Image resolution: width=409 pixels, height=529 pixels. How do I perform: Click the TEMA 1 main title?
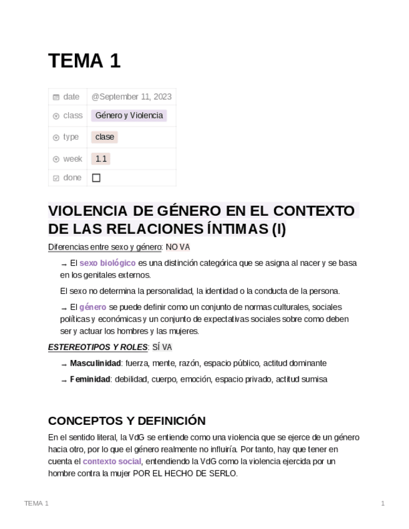[84, 61]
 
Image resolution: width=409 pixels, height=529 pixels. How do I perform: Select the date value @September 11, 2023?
[131, 97]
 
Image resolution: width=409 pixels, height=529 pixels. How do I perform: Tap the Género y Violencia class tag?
[129, 115]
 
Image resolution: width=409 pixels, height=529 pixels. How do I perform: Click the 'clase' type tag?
[104, 137]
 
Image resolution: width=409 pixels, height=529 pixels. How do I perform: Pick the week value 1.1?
[101, 159]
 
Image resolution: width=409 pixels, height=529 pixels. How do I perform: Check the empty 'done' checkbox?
[96, 178]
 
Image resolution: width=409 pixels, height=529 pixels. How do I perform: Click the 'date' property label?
[71, 97]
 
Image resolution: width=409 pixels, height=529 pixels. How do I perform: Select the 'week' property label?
[72, 159]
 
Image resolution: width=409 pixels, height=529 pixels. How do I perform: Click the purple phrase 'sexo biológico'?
[107, 263]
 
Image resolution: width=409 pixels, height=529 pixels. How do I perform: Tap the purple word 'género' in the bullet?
[92, 307]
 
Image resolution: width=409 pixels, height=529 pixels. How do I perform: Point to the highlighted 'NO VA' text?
[178, 247]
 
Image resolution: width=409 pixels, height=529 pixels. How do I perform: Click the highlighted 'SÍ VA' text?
[162, 347]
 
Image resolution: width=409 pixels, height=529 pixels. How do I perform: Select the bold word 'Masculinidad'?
[96, 363]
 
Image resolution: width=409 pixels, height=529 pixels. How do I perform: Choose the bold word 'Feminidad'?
[91, 379]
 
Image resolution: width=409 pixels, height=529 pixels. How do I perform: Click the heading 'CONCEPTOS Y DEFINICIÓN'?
[127, 420]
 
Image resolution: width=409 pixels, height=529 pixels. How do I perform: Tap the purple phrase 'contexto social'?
[112, 461]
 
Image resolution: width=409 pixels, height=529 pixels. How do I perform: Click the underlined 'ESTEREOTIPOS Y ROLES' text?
[97, 347]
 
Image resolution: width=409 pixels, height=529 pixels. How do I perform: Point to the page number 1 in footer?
[383, 503]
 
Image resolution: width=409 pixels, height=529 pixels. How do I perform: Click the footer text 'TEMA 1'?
[36, 503]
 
